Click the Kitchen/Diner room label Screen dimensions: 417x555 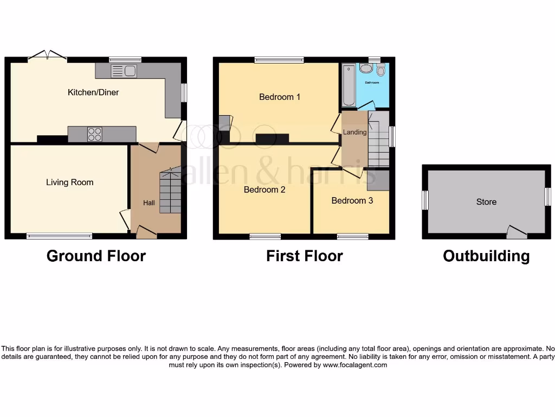(93, 92)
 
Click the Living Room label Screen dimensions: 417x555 (69, 182)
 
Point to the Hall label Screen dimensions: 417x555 (149, 203)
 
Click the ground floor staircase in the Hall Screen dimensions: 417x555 (170, 193)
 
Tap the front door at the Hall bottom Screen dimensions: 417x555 (146, 233)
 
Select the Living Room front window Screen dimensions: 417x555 (59, 236)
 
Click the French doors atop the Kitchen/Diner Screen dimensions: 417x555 (48, 55)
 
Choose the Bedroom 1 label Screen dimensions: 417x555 (279, 97)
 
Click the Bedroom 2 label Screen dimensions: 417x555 (264, 190)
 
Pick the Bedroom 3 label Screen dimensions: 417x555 (352, 200)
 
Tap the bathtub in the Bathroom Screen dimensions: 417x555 (349, 85)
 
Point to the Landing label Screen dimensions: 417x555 (354, 132)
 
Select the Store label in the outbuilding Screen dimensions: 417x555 (486, 202)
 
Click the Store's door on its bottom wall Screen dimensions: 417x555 (516, 233)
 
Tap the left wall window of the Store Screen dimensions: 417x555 (425, 200)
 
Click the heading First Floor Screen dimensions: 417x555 (304, 256)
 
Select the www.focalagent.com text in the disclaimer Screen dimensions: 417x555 (355, 365)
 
